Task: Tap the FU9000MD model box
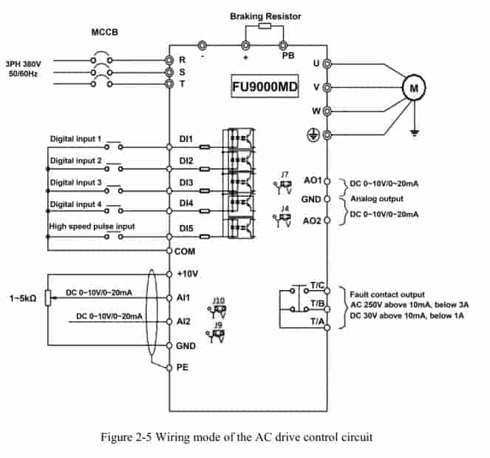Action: pyautogui.click(x=265, y=87)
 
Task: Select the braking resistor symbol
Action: pyautogui.click(x=265, y=26)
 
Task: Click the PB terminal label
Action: pyautogui.click(x=288, y=55)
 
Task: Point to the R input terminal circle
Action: pyautogui.click(x=169, y=60)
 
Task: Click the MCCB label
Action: pyautogui.click(x=105, y=33)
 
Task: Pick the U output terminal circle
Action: pyautogui.click(x=327, y=64)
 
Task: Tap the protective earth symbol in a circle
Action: pyautogui.click(x=313, y=135)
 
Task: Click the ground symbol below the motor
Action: pyautogui.click(x=415, y=133)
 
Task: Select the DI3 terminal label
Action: pyautogui.click(x=186, y=183)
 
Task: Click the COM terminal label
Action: pyautogui.click(x=185, y=252)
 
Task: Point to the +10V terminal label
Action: pyautogui.click(x=187, y=274)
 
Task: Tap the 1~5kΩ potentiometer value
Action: pyautogui.click(x=23, y=298)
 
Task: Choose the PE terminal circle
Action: pyautogui.click(x=169, y=368)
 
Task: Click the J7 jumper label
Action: pyautogui.click(x=285, y=175)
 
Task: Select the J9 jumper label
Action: pyautogui.click(x=218, y=325)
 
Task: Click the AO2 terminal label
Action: pyautogui.click(x=312, y=221)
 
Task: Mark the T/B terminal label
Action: pyautogui.click(x=317, y=303)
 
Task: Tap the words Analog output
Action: pyautogui.click(x=377, y=198)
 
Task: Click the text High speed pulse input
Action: pyautogui.click(x=92, y=226)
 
